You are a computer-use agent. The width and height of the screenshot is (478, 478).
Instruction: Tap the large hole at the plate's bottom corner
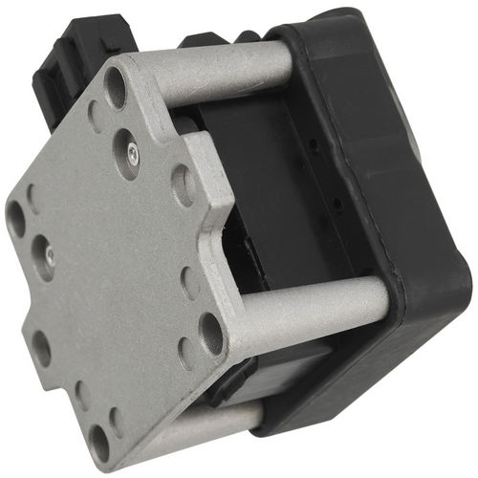99,441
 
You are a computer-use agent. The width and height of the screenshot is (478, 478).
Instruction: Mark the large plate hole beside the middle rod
209,330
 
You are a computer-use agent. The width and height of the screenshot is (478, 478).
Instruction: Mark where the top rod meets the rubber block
287,59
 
